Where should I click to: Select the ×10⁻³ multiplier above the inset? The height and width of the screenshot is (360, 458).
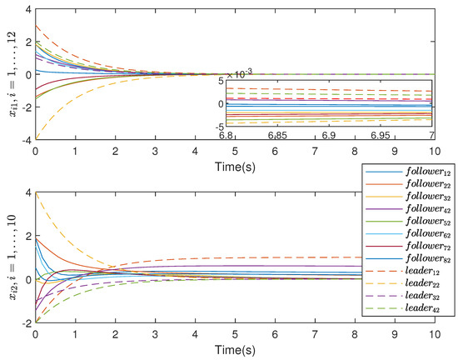click(x=241, y=73)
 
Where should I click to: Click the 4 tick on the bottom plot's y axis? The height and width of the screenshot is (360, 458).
click(x=27, y=192)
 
